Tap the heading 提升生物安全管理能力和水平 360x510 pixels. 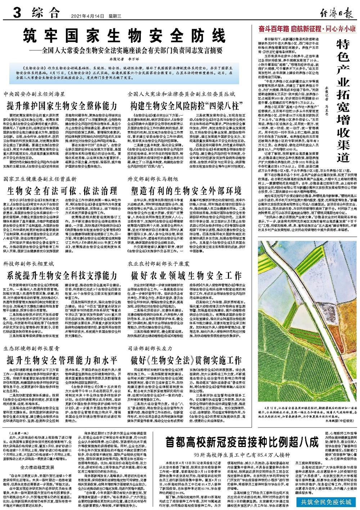(x=62, y=360)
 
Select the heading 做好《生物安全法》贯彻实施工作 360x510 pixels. (x=186, y=360)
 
